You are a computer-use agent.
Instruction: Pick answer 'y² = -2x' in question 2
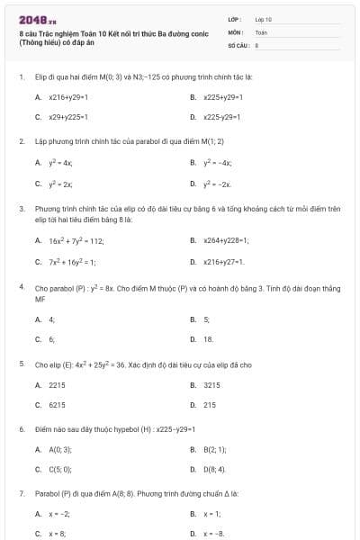pos(217,184)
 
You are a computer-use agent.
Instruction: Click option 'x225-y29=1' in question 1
pos(224,117)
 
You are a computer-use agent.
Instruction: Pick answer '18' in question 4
pos(208,339)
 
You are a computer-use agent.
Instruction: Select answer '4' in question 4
pos(51,319)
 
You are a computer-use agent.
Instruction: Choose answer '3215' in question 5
pos(211,384)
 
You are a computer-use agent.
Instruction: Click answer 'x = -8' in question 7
pos(214,534)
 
